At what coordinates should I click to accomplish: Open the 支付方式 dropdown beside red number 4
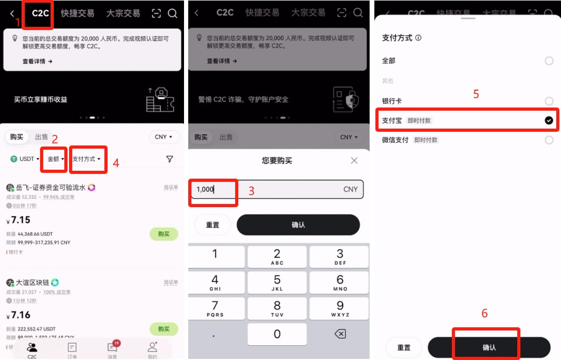coord(86,159)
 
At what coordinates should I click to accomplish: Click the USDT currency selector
coord(22,159)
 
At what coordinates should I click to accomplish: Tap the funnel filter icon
coord(169,159)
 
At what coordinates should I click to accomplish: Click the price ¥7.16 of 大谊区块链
coord(21,315)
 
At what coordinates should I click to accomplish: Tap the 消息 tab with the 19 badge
coord(112,348)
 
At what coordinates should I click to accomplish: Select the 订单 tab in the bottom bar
coord(72,348)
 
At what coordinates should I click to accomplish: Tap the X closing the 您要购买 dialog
coord(354,161)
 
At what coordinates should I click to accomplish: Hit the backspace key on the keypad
coord(340,334)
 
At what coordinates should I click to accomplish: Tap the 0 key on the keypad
coord(277,334)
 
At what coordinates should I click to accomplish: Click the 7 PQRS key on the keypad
coord(215,308)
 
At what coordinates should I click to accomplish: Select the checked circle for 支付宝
coord(549,121)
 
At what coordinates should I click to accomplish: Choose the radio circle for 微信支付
coord(549,140)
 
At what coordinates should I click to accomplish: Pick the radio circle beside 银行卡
coord(549,101)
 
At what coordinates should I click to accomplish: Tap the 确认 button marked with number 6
coord(489,347)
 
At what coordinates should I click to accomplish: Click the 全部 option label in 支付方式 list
coord(389,61)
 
